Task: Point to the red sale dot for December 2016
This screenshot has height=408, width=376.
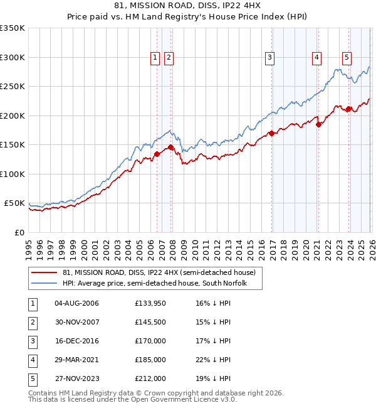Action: (x=271, y=133)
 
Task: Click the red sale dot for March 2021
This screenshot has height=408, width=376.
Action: (x=318, y=124)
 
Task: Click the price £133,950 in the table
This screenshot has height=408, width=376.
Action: (x=150, y=303)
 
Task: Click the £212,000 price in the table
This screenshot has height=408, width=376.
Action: (x=150, y=378)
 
